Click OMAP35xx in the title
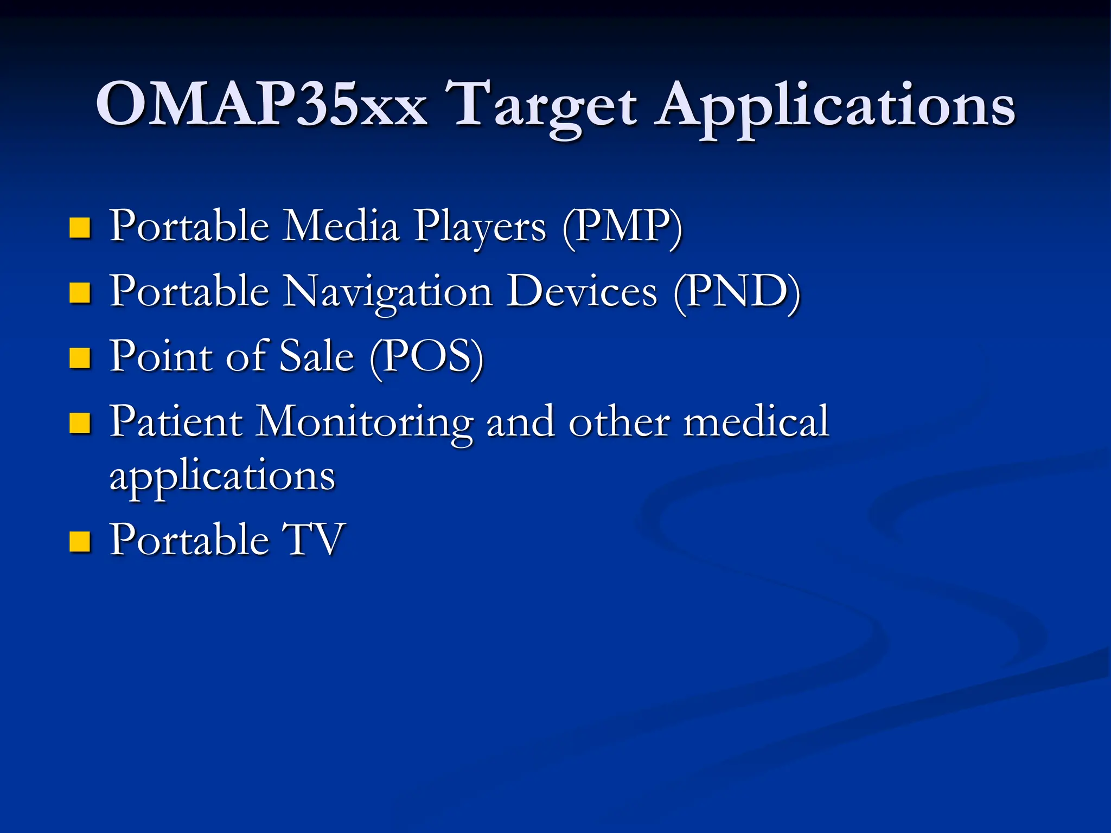coord(261,104)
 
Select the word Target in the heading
coord(545,106)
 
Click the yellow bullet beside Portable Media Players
coord(80,228)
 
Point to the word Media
coord(342,226)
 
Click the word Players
coord(480,228)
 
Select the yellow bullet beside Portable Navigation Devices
coord(80,293)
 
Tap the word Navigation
coord(388,293)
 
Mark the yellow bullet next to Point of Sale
coord(80,358)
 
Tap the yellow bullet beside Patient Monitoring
coord(80,423)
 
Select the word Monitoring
coord(365,424)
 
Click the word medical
coord(756,421)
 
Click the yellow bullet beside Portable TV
coord(80,541)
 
